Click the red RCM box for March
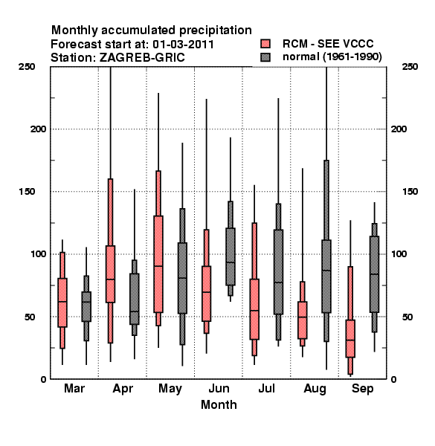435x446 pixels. click(62, 303)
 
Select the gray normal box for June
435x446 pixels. click(231, 256)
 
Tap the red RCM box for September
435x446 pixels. click(350, 338)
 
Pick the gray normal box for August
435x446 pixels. click(326, 277)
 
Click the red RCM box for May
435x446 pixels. click(158, 264)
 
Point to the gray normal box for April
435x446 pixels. click(135, 299)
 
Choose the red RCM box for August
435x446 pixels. click(303, 320)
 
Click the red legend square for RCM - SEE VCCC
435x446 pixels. click(265, 44)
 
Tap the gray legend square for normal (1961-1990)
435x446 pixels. click(265, 57)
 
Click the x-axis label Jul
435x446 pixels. click(266, 389)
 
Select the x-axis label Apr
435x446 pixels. click(123, 389)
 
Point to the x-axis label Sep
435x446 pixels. click(362, 389)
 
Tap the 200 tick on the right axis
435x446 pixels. click(399, 129)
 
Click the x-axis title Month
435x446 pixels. click(219, 405)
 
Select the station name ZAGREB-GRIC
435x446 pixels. click(142, 58)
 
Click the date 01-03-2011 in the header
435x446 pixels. click(183, 45)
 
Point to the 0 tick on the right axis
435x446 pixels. click(393, 379)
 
